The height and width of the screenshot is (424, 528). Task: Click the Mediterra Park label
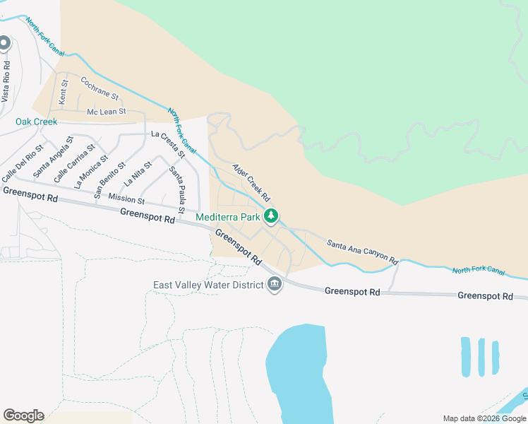(228, 217)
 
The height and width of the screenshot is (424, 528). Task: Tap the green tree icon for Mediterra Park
(270, 216)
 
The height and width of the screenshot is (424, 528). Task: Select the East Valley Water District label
(208, 285)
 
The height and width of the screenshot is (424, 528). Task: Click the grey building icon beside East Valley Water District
(275, 285)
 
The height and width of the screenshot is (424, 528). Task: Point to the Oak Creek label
(36, 122)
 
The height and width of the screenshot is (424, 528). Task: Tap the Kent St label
(64, 93)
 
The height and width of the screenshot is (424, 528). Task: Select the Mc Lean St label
(106, 112)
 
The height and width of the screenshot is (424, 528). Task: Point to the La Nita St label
(138, 173)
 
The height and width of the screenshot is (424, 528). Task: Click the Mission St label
(126, 199)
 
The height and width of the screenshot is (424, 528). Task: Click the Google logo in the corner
(23, 416)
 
